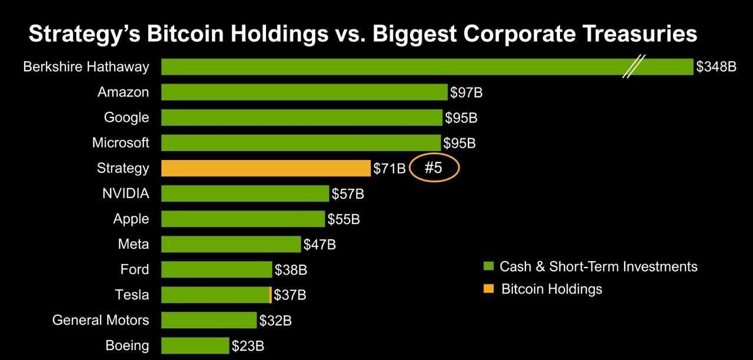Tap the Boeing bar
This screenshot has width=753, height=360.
195,346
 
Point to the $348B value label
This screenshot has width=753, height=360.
716,67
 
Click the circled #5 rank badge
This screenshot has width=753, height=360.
434,168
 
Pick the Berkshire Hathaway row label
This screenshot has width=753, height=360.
86,67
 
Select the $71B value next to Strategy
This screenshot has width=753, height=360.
389,169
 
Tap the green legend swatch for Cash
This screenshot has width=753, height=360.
488,266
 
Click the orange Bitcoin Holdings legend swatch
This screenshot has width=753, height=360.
488,289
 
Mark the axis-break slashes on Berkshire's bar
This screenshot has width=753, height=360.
635,66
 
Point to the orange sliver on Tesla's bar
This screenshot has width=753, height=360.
270,295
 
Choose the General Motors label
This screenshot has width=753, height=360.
101,320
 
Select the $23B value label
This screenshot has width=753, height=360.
248,346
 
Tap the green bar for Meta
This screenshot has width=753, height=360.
231,244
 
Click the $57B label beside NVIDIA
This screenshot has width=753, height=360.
348,194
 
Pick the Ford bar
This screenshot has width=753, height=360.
216,269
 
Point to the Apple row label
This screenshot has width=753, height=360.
131,219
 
